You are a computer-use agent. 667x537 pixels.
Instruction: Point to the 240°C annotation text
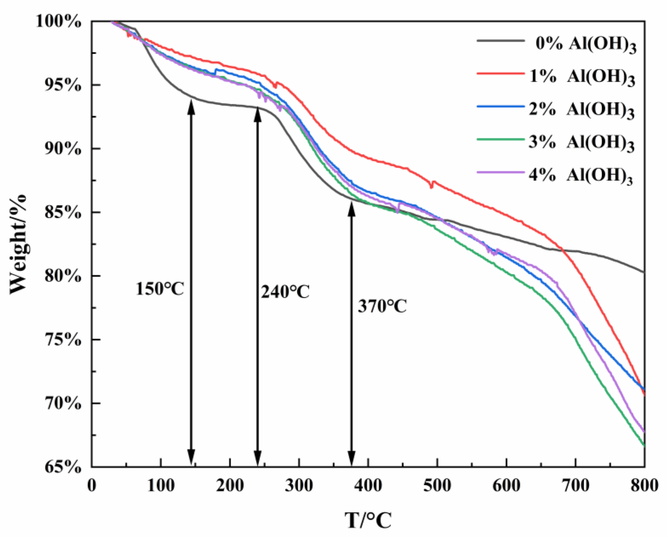tap(285, 292)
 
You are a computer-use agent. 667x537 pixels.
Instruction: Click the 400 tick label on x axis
tap(368, 486)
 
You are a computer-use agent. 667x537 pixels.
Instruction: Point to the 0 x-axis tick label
tap(92, 486)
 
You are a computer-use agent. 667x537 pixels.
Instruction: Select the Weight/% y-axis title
tap(19, 244)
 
